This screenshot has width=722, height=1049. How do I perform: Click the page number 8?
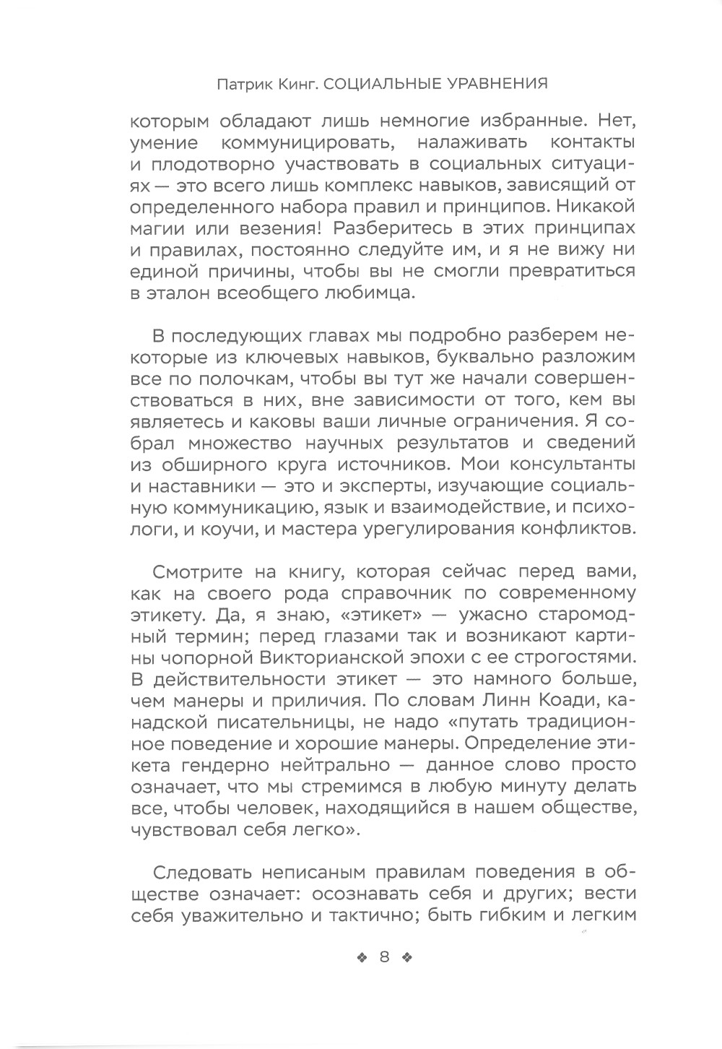tap(383, 957)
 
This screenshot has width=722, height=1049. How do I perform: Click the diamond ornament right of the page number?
tap(406, 958)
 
